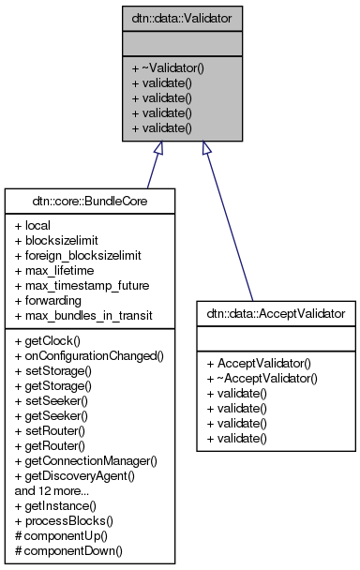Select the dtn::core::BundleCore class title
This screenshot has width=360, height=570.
[x=89, y=200]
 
